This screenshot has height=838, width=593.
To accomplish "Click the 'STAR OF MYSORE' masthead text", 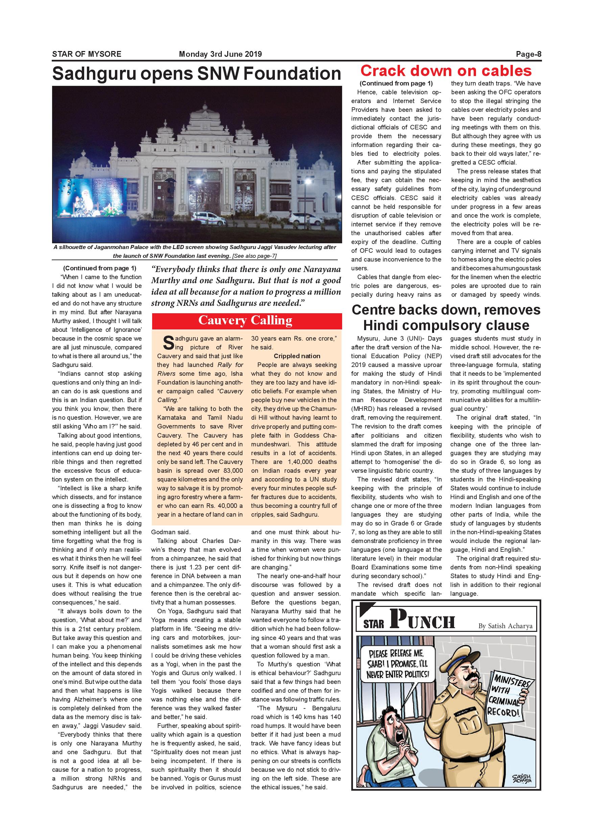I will pos(87,54).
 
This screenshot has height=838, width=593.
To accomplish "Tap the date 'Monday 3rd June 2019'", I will pos(220,54).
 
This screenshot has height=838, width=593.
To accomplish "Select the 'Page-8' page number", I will pos(528,54).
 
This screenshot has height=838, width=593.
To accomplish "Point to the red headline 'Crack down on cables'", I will pos(446,70).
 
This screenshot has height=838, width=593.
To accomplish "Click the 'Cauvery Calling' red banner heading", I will pos(245,320).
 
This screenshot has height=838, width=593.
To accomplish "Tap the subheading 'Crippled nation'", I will pos(297,356).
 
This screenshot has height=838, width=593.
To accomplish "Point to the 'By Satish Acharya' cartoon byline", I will pos(505,625).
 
